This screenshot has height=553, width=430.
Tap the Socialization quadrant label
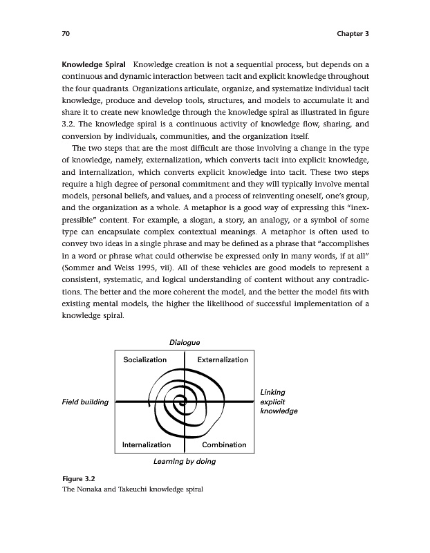pos(144,360)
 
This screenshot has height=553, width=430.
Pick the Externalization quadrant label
pos(223,360)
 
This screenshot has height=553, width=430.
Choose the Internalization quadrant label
pos(147,444)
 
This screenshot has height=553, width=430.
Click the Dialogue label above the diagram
pos(185,342)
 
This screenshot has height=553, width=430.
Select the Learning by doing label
pos(184,461)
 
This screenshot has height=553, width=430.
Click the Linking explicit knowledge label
pos(278,402)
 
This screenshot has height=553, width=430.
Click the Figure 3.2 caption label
pos(78,478)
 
